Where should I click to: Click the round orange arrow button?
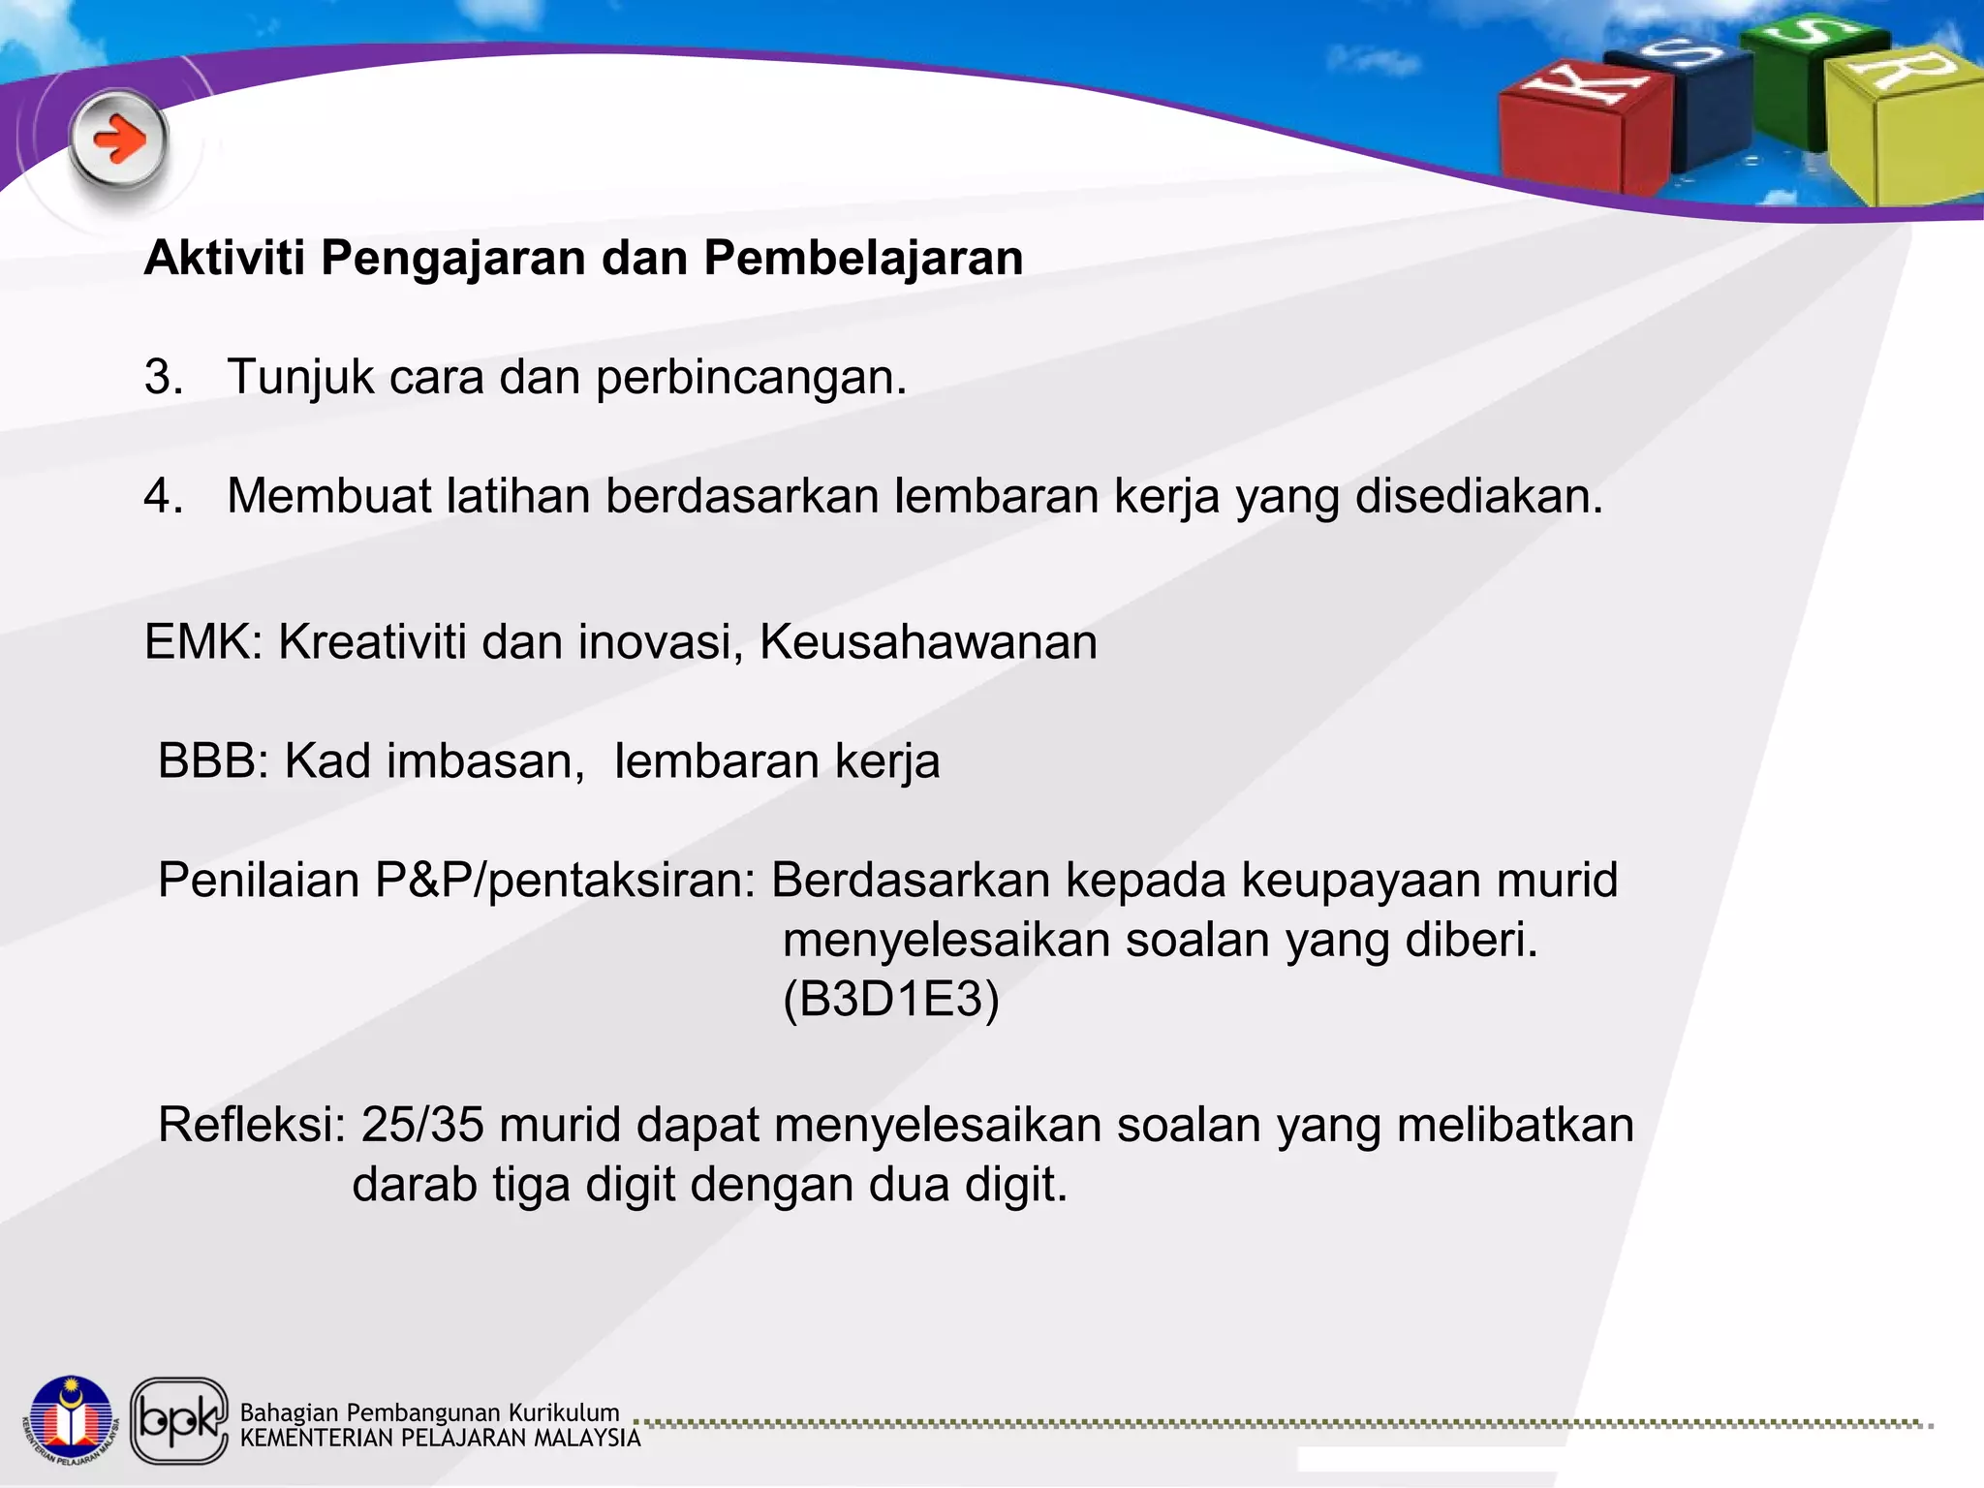[118, 140]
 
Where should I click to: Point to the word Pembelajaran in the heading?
[863, 258]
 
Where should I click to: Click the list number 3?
[163, 377]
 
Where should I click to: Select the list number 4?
[163, 496]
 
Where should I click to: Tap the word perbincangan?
[751, 378]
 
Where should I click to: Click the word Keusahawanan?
[928, 642]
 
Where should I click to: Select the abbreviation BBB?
[212, 761]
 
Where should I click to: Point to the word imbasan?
[485, 761]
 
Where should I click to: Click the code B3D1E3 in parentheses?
[890, 1000]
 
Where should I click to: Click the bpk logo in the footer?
[179, 1420]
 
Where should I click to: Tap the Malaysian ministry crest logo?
[71, 1420]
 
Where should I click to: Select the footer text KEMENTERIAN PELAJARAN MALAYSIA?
[440, 1439]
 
